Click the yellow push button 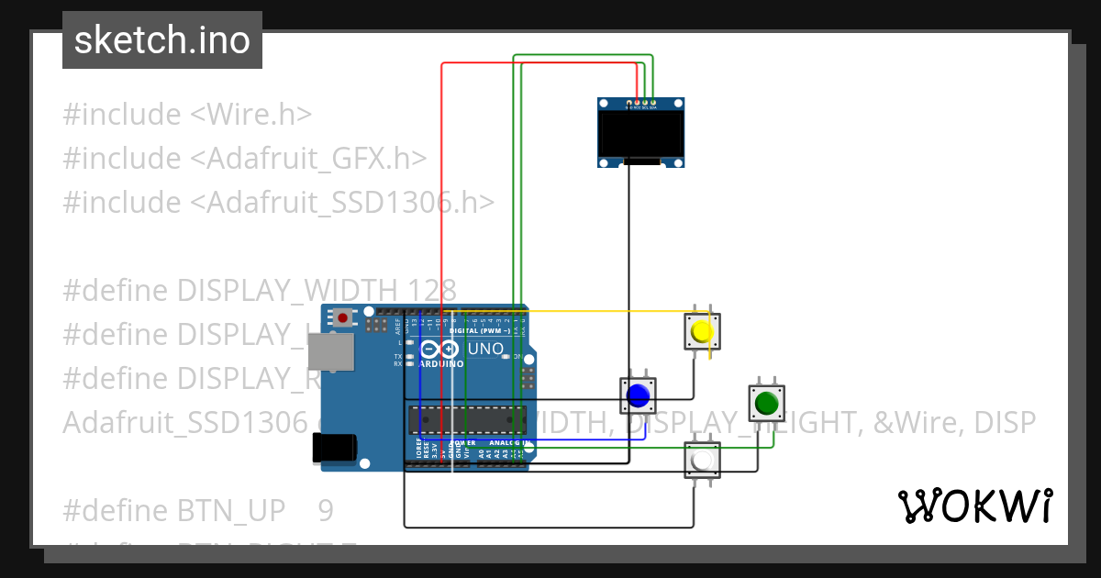(x=702, y=331)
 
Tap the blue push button (x=638, y=395)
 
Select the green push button (x=766, y=403)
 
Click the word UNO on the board (x=485, y=349)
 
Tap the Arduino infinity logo (x=440, y=350)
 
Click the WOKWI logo (x=974, y=506)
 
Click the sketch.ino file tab (x=162, y=40)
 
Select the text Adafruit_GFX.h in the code (x=307, y=158)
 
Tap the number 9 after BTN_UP (x=326, y=510)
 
